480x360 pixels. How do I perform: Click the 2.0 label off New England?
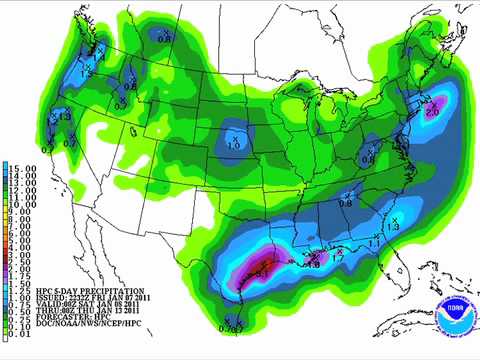(x=432, y=112)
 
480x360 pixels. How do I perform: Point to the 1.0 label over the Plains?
(x=234, y=145)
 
